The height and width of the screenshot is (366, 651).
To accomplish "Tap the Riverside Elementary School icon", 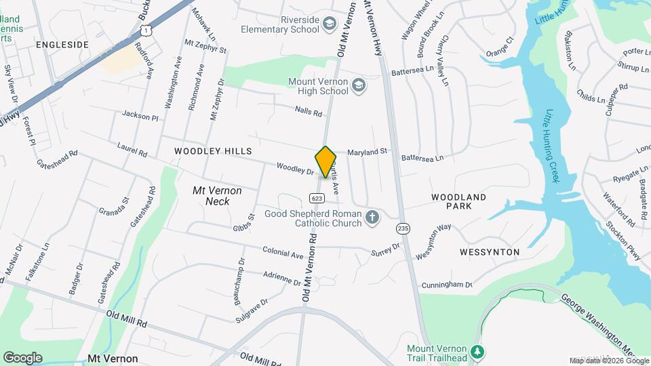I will tap(330, 24).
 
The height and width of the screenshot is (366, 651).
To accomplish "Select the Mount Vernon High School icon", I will tap(359, 85).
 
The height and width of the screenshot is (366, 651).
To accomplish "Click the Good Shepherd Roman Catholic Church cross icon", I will tap(371, 218).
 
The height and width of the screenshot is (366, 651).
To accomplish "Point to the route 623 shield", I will tap(317, 198).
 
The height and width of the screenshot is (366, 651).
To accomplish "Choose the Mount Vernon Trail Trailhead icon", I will tap(477, 352).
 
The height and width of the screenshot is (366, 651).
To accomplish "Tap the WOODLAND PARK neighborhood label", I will tap(459, 203).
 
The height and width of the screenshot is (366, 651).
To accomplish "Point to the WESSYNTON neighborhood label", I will tap(490, 252).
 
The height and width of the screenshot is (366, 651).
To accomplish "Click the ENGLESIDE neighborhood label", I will tap(62, 45).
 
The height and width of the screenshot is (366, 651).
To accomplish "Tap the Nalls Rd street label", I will tap(308, 111).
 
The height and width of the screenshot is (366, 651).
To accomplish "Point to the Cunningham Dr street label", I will tap(446, 285).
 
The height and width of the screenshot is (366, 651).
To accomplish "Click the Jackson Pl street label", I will tap(140, 117).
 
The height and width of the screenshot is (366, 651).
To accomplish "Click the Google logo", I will tap(22, 357).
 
